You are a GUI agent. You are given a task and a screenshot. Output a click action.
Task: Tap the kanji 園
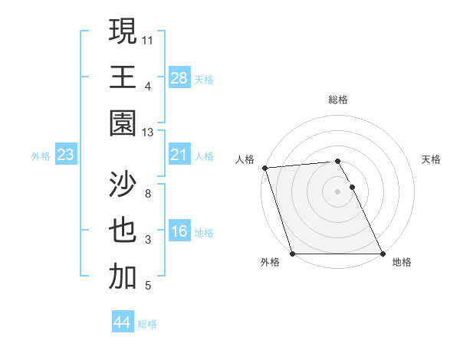(123, 123)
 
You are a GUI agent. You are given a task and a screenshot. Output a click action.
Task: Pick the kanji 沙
(123, 186)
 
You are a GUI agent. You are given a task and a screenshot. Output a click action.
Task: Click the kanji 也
(123, 232)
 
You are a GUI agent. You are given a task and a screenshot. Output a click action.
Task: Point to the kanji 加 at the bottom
(123, 277)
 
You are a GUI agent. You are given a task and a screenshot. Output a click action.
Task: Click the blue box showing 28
(179, 77)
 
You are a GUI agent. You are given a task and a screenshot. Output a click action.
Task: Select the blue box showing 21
(179, 155)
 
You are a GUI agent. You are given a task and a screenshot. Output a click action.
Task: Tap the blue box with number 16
(179, 232)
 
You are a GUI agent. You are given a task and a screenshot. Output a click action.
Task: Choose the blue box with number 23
(66, 155)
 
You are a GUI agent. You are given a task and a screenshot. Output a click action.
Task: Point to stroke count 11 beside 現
(148, 38)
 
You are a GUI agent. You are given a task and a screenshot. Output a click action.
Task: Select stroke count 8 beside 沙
(148, 194)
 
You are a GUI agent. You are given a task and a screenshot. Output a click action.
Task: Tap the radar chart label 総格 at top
(337, 100)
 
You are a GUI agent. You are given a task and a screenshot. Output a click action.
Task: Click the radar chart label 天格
(431, 159)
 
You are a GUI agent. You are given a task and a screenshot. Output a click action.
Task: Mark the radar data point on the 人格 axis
(264, 168)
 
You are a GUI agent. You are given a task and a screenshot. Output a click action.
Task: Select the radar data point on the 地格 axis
(382, 254)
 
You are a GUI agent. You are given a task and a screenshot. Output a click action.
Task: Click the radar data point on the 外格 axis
(292, 254)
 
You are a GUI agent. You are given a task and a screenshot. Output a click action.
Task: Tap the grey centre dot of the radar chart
(337, 191)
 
